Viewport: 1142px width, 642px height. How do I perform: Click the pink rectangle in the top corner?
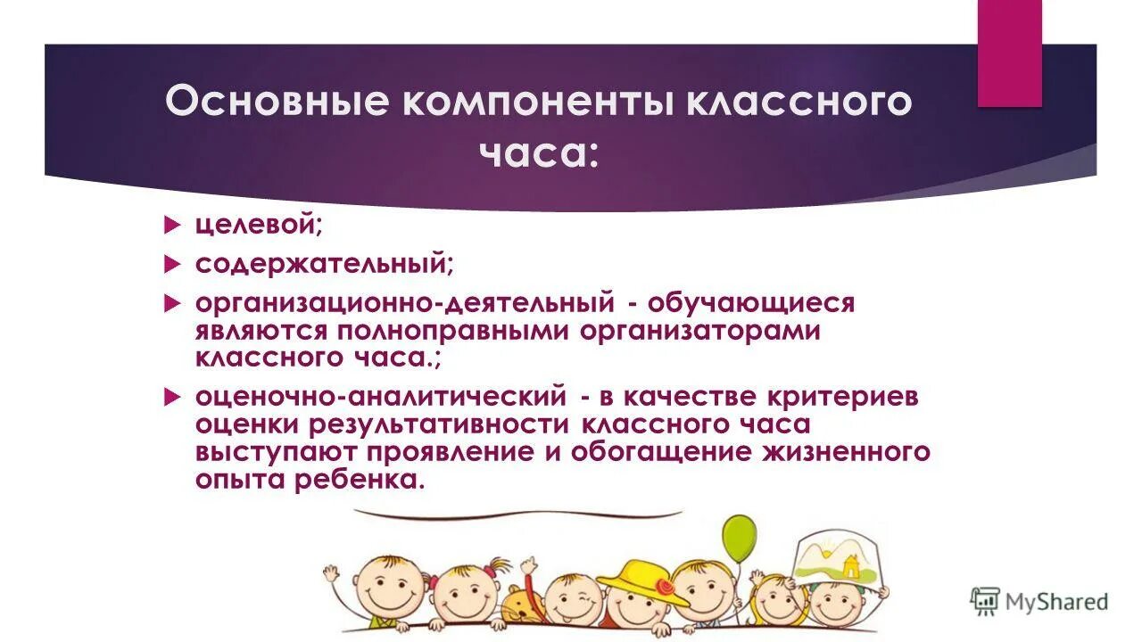click(1009, 53)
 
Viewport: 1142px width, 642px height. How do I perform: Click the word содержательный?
click(323, 265)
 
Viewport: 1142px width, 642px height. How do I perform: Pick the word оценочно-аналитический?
click(381, 396)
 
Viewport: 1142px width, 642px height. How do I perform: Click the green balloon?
click(738, 538)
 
